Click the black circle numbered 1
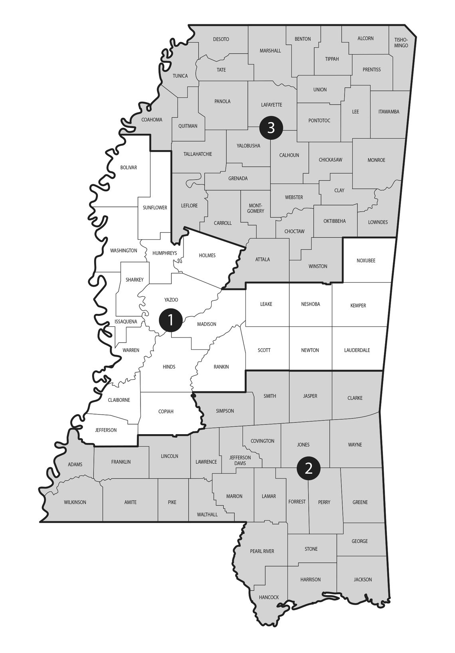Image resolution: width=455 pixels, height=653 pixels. click(170, 320)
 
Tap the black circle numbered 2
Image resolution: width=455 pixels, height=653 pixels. click(309, 468)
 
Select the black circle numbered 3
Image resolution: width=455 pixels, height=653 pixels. click(271, 128)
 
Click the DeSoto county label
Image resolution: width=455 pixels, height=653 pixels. click(221, 39)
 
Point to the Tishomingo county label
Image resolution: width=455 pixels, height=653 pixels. click(401, 43)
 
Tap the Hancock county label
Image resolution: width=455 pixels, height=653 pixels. click(269, 597)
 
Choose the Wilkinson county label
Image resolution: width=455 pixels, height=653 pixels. click(75, 502)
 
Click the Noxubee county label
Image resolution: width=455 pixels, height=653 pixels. click(366, 260)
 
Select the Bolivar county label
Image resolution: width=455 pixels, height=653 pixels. click(129, 167)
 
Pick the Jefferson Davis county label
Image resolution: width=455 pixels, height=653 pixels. click(240, 460)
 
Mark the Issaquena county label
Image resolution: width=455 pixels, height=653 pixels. click(126, 322)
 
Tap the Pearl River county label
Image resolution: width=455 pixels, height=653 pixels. click(262, 551)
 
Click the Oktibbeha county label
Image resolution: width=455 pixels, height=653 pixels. click(334, 221)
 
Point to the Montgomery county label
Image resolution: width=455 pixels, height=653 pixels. click(255, 208)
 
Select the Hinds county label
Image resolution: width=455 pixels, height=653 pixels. click(169, 367)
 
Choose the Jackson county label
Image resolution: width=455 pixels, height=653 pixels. click(362, 579)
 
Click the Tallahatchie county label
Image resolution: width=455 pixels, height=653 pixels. click(198, 154)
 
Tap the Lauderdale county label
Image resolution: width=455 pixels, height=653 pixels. click(357, 350)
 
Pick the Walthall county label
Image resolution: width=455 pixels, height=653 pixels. click(207, 514)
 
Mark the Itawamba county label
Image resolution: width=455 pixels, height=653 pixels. click(388, 112)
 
